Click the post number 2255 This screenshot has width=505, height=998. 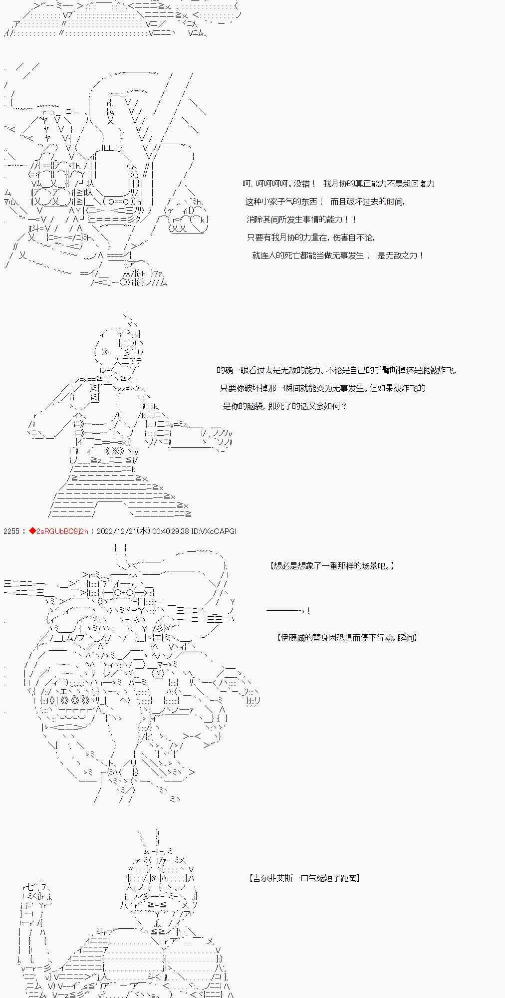click(x=11, y=531)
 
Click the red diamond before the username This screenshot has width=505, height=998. click(x=32, y=531)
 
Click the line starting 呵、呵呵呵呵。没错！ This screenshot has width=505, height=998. click(x=338, y=184)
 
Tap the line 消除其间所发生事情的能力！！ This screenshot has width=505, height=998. click(x=302, y=220)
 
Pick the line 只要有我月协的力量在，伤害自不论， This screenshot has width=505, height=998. click(x=311, y=238)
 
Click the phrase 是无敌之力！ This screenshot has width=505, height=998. click(x=401, y=255)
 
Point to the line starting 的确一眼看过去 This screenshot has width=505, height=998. click(x=336, y=370)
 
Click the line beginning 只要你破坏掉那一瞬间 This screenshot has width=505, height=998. click(x=323, y=388)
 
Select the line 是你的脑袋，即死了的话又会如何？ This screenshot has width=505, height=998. click(x=284, y=406)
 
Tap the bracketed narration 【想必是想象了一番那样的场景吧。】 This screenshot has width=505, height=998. click(x=332, y=566)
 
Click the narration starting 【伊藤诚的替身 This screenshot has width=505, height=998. click(x=347, y=638)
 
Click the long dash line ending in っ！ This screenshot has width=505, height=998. click(x=288, y=611)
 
